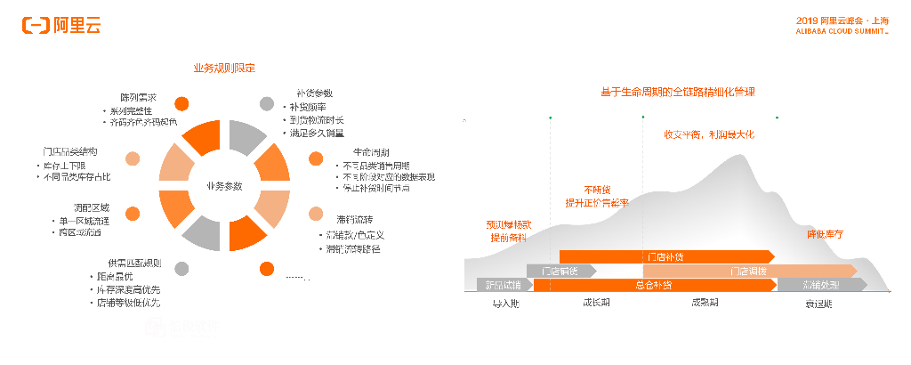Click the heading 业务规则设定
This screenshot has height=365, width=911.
tap(225, 69)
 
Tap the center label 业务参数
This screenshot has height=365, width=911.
tap(224, 186)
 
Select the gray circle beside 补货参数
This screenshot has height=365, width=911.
tap(267, 103)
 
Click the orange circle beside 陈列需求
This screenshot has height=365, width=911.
tap(181, 103)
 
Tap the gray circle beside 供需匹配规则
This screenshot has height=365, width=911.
tap(181, 269)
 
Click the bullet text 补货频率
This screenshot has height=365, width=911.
tap(308, 107)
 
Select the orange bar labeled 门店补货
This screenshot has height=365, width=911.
tap(666, 256)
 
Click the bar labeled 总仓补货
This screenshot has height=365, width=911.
tap(654, 285)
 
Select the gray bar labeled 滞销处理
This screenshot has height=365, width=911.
tap(821, 285)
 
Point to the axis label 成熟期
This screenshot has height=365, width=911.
tap(705, 303)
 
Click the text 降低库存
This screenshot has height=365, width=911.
tap(824, 234)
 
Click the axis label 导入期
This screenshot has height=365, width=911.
tap(505, 303)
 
